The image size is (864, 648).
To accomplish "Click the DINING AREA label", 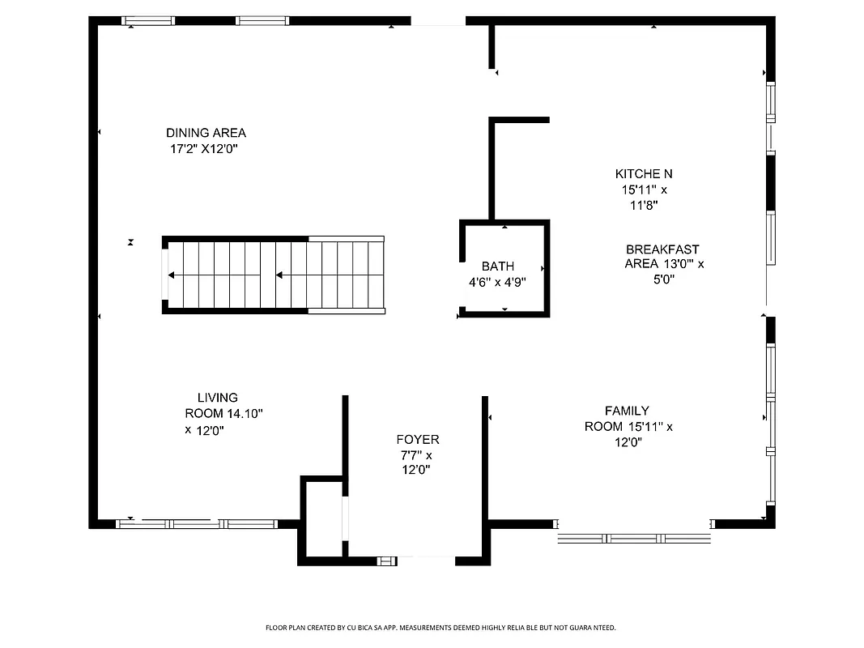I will coord(206,133).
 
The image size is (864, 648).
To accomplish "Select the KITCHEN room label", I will coord(644,173).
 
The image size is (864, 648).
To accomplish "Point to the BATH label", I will coord(497,266).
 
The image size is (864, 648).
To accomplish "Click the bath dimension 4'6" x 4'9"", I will coord(497,283).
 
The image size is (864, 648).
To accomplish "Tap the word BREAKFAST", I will coord(662,249).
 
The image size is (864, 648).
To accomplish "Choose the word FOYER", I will coord(418,440).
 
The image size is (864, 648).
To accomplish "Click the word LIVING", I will coord(218,398).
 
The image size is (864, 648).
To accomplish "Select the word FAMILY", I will coord(627,411).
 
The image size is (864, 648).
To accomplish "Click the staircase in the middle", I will coord(274,275).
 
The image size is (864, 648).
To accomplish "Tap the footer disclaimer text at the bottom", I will coord(441,628).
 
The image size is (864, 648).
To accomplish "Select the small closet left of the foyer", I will coord(323,518).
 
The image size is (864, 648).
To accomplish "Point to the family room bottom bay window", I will coord(634,537).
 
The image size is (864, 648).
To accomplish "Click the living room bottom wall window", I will coord(198,524).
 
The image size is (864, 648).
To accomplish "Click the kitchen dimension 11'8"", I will coord(644,206).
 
